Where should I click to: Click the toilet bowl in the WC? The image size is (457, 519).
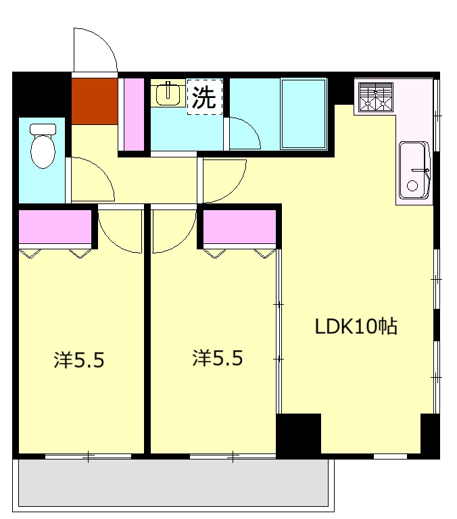(x=43, y=151)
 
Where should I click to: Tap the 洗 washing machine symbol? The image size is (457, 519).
(x=204, y=97)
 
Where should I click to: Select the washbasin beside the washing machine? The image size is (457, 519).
(x=168, y=93)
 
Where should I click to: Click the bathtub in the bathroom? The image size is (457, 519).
(x=304, y=114)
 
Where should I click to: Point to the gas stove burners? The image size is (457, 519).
(x=376, y=97)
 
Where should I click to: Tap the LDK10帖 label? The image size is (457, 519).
(x=356, y=326)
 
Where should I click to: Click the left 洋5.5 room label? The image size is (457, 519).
(x=79, y=360)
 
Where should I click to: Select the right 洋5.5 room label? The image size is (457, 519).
(x=218, y=358)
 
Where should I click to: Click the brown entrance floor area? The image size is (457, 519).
(x=95, y=101)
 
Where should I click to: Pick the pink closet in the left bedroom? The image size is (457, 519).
(x=55, y=227)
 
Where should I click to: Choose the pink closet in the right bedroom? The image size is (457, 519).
(x=240, y=227)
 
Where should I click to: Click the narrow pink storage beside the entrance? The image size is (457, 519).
(x=134, y=114)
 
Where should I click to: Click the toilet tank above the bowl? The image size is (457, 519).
(x=43, y=129)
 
